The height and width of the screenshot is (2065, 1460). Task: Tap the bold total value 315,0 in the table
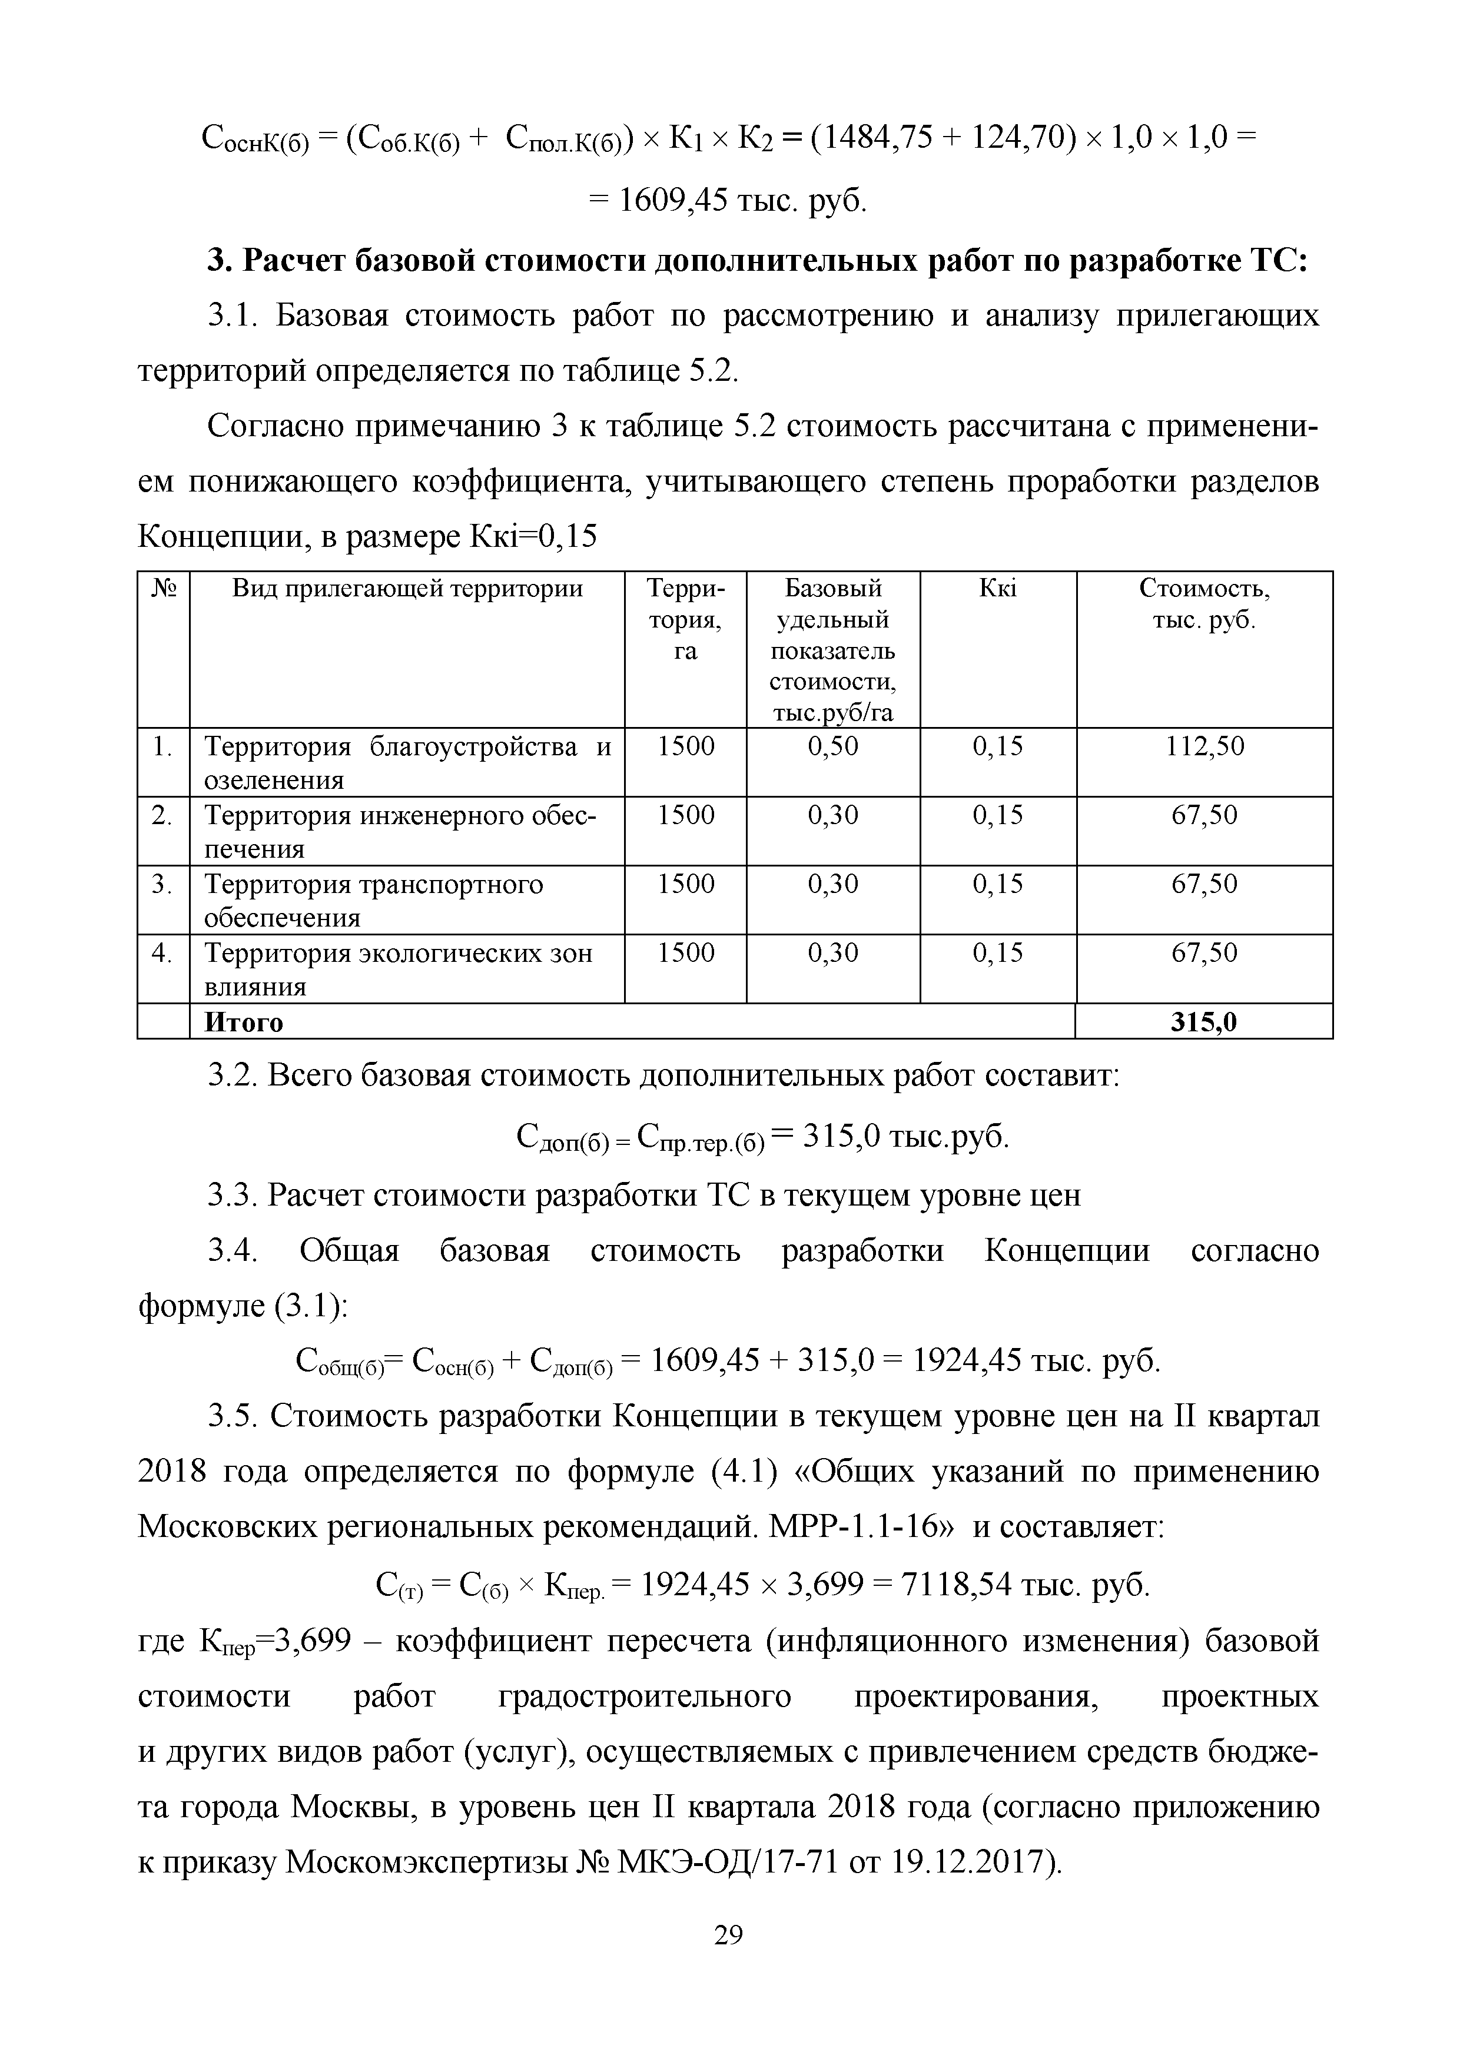pyautogui.click(x=1204, y=1022)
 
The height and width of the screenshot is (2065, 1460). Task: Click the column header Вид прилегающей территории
pyautogui.click(x=407, y=589)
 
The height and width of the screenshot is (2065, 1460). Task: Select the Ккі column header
pyautogui.click(x=998, y=589)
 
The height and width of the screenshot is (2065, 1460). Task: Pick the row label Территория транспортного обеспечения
pyautogui.click(x=373, y=900)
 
